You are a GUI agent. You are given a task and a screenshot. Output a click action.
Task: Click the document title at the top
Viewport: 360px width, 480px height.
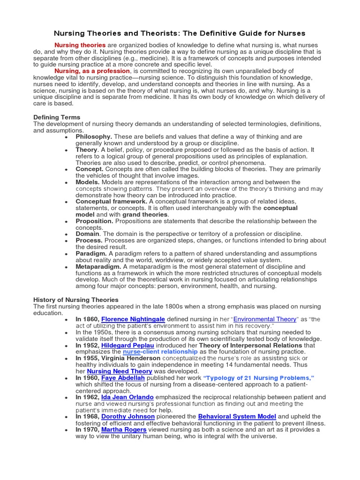[x=180, y=33]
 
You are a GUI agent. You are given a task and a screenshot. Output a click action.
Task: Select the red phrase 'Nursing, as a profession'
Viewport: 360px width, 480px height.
[x=92, y=71]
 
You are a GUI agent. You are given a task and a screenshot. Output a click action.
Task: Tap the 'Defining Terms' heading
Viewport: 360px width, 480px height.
[x=57, y=117]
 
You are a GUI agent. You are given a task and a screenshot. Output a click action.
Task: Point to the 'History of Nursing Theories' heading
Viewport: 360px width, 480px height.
[x=76, y=300]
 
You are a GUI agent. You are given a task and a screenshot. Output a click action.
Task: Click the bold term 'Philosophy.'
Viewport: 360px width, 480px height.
[x=94, y=136]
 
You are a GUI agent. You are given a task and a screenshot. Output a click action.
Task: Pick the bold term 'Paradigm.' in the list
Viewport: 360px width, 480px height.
[x=91, y=253]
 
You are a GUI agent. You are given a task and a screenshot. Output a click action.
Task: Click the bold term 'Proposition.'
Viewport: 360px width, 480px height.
[x=94, y=221]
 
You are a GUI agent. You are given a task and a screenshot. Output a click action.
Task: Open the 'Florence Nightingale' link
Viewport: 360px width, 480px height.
[x=133, y=319]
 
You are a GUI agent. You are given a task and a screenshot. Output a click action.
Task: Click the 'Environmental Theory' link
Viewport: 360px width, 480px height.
[x=265, y=319]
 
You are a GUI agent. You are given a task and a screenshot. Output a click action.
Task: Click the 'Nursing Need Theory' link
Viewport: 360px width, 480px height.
[x=120, y=371]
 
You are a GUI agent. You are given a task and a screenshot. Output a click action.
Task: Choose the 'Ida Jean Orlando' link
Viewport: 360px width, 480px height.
[x=127, y=397]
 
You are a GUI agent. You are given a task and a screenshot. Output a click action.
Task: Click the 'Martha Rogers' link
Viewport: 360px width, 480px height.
[x=124, y=429]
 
